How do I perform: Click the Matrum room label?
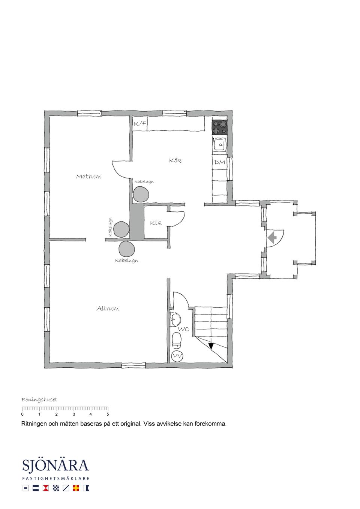click(88, 177)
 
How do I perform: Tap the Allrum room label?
click(108, 308)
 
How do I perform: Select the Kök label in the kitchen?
click(175, 160)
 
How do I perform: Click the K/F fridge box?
click(139, 124)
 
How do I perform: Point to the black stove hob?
click(219, 127)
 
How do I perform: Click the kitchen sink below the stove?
click(220, 145)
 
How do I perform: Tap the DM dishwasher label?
click(220, 162)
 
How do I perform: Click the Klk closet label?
click(156, 223)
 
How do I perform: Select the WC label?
click(184, 329)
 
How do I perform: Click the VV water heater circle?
click(177, 356)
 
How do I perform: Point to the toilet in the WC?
click(176, 340)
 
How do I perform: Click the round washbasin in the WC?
click(175, 319)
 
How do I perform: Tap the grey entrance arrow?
click(272, 238)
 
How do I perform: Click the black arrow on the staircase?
click(211, 346)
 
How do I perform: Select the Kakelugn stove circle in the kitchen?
click(141, 194)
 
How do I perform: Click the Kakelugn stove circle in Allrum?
click(126, 249)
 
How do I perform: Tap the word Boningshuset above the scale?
click(39, 406)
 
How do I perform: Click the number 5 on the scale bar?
click(108, 421)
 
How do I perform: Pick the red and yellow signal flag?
click(76, 488)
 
